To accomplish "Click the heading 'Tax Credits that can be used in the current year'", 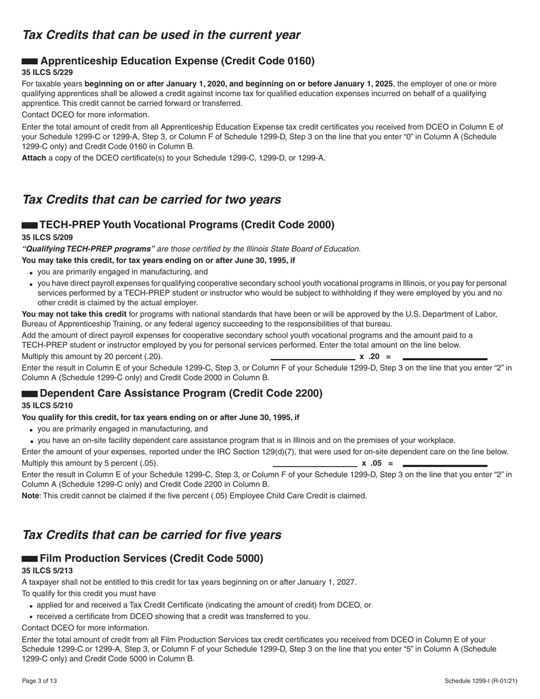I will coord(161,35).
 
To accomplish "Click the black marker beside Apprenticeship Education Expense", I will coord(30,61).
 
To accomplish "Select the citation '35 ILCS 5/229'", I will coord(47,72).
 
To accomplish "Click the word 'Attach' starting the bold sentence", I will coord(34,157).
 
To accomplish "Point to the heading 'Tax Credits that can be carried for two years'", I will coord(151,199).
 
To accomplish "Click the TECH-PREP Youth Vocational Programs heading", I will coord(187,224).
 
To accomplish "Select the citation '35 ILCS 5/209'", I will coord(47,237).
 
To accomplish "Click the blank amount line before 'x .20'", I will coord(313,359).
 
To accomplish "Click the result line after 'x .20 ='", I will coord(445,359).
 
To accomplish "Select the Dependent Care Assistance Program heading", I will coord(181,393).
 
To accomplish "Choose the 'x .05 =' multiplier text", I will coord(377,463).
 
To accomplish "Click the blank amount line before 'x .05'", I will coord(315,465).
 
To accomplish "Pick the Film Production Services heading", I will coord(151,558).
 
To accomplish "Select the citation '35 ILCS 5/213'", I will coord(47,570).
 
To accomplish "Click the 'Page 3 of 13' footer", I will coord(39,680).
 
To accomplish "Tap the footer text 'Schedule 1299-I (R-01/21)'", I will coord(481,680).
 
